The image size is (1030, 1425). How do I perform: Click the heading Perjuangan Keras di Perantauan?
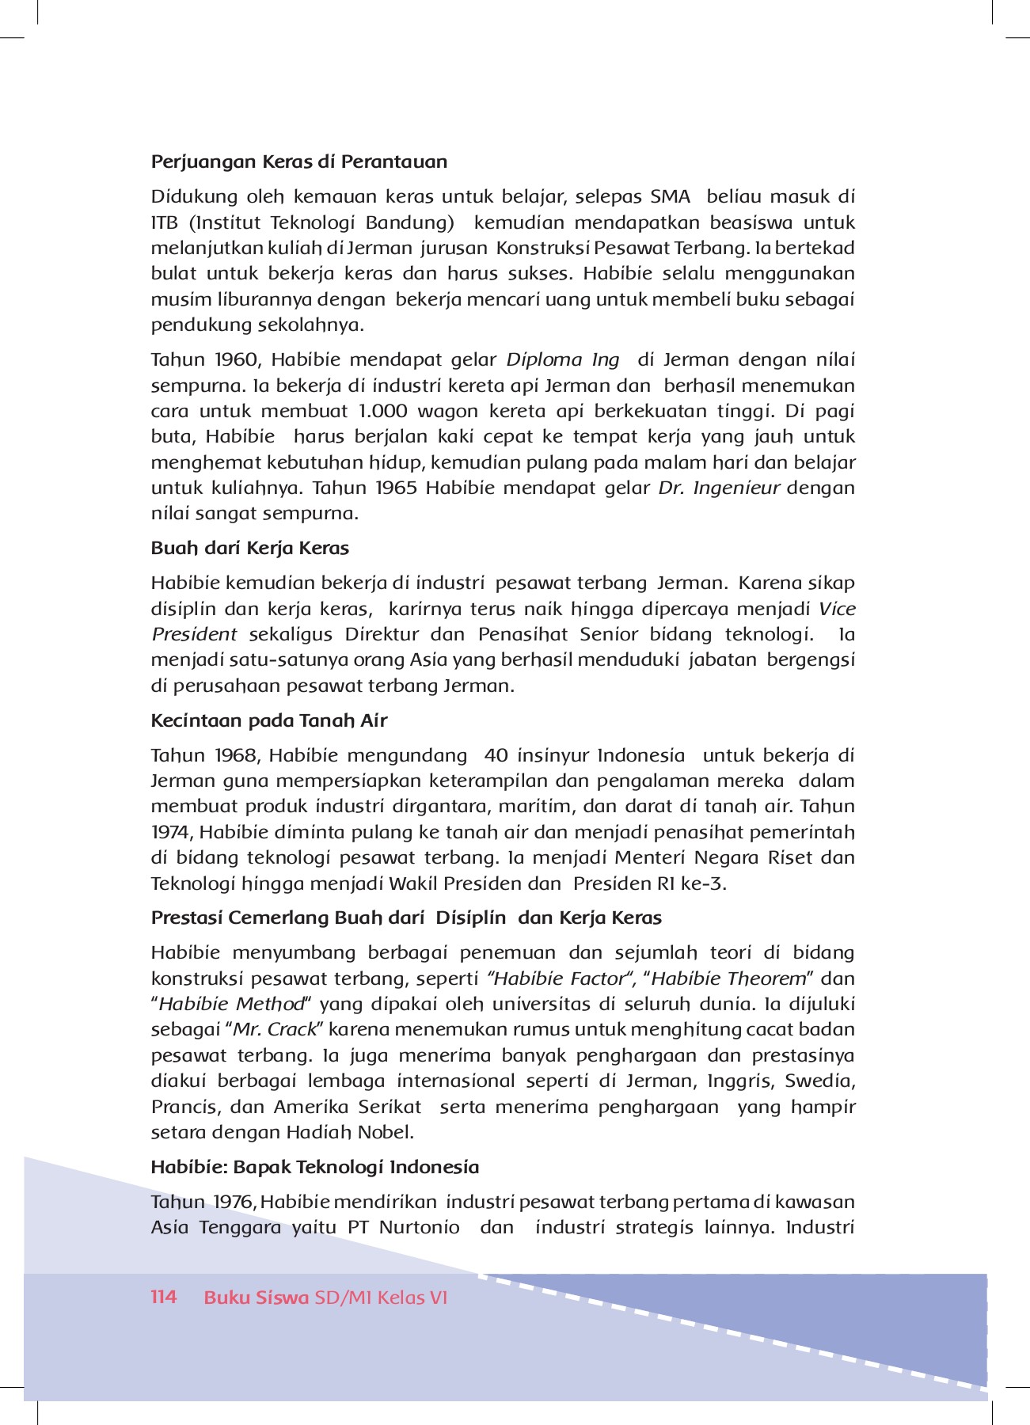point(298,161)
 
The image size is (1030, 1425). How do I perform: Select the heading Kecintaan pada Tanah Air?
point(269,720)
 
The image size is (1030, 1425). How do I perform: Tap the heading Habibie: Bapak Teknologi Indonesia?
point(315,1167)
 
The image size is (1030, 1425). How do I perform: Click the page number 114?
point(164,1297)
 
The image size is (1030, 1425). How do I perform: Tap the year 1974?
point(171,832)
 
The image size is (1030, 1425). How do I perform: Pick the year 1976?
point(234,1202)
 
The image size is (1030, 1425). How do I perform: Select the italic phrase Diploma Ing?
point(563,359)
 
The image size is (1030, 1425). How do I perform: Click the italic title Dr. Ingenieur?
point(720,488)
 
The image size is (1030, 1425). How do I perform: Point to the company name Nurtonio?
point(420,1228)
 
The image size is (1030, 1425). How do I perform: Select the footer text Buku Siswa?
point(256,1298)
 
